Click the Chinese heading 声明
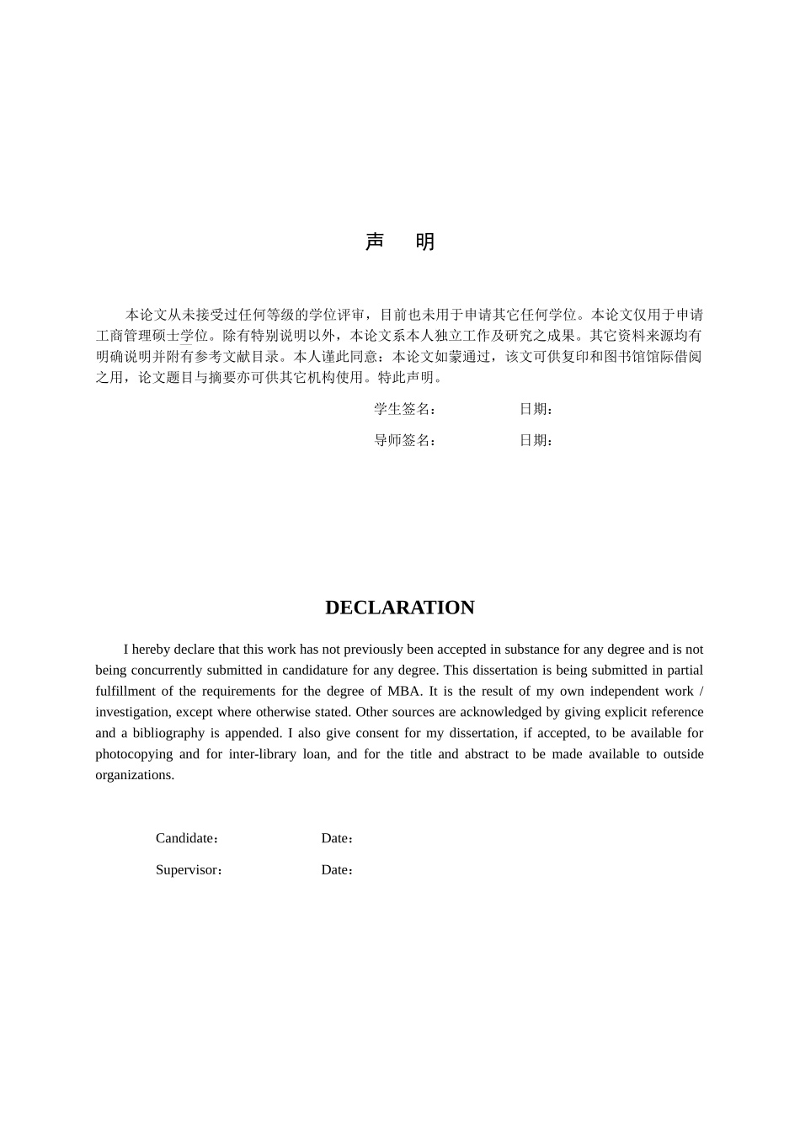(400, 242)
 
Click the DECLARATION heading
(400, 608)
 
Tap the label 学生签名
(403, 409)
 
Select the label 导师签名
(403, 440)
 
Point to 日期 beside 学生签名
(535, 409)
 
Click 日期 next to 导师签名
(535, 440)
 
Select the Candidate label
(186, 838)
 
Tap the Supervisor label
(188, 870)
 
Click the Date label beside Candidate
(335, 838)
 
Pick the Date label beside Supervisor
(335, 870)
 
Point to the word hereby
(152, 650)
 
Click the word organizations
(134, 775)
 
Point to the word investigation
(131, 712)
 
